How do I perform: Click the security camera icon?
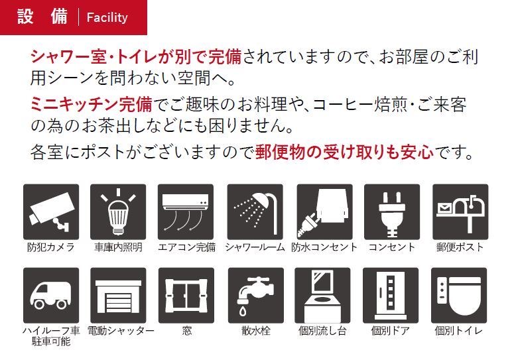coord(51,211)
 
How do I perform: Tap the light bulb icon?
coord(118,211)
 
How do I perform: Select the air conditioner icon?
coord(186,211)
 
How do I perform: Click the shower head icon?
coord(255,211)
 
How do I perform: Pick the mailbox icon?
coord(460,211)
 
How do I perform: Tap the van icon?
coord(51,295)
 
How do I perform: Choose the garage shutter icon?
coord(118,295)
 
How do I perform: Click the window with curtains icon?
coord(186,295)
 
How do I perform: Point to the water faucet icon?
coord(256,295)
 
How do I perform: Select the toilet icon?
coord(459,295)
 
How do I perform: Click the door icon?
coord(391,295)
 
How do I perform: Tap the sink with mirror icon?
coord(322,295)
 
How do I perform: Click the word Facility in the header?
coord(107,17)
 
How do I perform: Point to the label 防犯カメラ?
coord(51,247)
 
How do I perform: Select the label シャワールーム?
coord(255,247)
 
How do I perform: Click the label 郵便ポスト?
coord(460,247)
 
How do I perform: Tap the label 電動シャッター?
coord(121,330)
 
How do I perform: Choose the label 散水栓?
coord(256,330)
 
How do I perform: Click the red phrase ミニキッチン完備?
coord(92,104)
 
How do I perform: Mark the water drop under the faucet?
coord(243,311)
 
